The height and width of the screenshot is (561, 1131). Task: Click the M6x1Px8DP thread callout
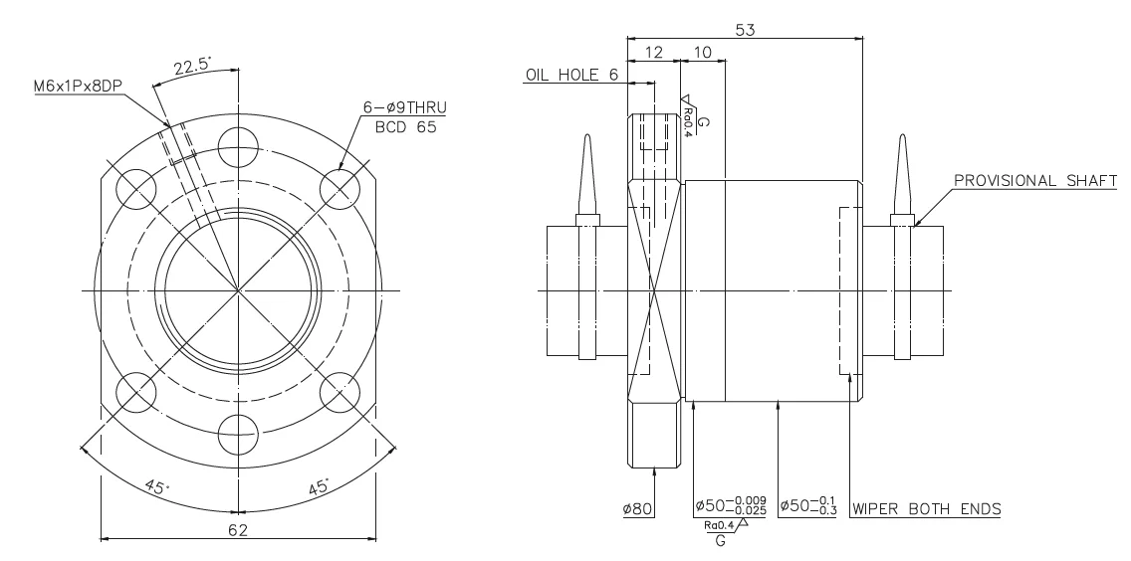tap(78, 87)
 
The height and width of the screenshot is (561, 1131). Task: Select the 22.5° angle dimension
tap(191, 66)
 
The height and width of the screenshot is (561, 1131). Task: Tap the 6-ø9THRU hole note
tap(404, 108)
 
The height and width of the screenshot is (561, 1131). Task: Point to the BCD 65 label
tap(406, 127)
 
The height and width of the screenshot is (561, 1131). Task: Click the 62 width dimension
tap(238, 530)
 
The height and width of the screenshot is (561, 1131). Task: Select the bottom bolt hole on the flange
tap(238, 435)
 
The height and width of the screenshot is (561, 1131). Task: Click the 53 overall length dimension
tap(745, 30)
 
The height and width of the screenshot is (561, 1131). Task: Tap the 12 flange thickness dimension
tap(653, 52)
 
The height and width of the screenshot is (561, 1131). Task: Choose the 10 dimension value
tap(702, 52)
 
